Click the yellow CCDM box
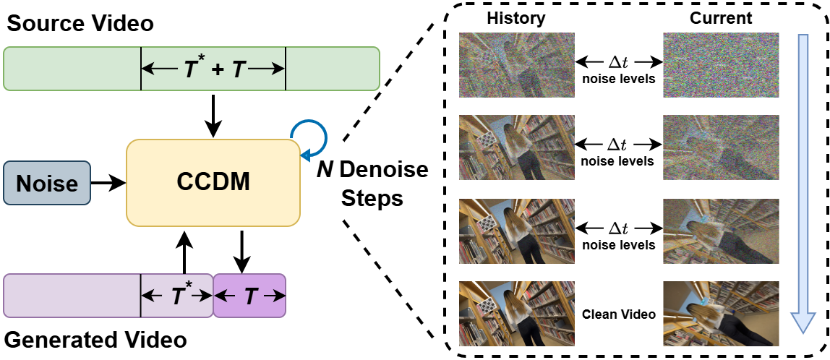213,181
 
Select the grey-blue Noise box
47,182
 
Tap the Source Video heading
80,23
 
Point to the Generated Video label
95,339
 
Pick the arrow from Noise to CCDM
108,182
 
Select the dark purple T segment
249,296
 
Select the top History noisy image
517,66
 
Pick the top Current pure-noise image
721,66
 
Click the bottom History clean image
517,314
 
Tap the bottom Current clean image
721,314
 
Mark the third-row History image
517,231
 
